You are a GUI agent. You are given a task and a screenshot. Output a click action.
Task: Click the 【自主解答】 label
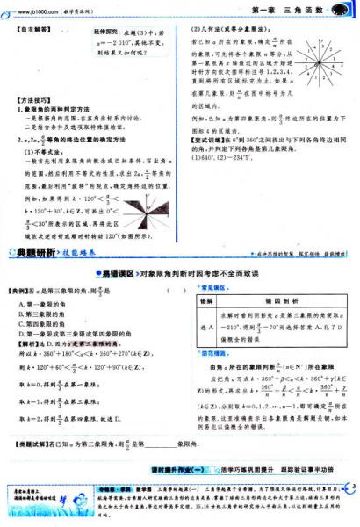point(33,32)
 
